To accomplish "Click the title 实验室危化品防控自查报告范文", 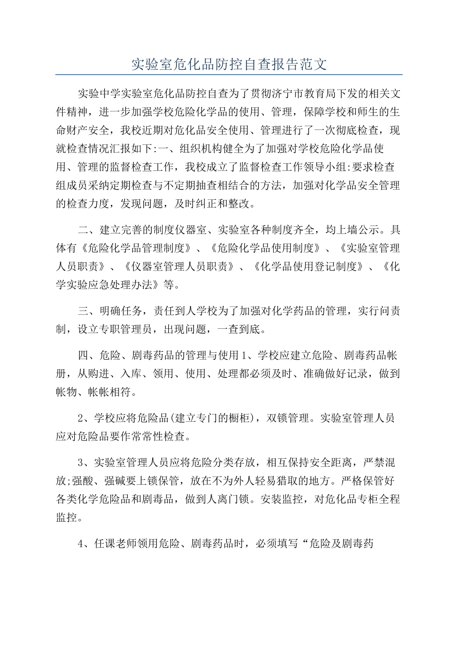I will [x=229, y=65].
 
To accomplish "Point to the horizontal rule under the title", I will [x=229, y=75].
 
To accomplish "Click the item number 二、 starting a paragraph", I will [x=88, y=230].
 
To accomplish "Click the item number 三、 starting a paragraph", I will [x=88, y=311].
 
